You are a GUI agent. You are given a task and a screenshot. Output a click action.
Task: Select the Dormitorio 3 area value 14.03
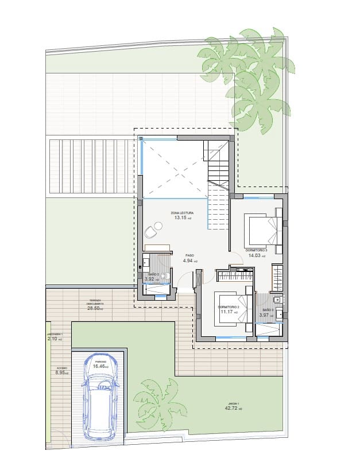(256, 256)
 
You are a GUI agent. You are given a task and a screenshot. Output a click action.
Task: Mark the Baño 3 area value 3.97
(265, 314)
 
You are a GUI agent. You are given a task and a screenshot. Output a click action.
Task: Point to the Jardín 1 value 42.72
(233, 409)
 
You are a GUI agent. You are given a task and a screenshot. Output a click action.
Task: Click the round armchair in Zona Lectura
(151, 232)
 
